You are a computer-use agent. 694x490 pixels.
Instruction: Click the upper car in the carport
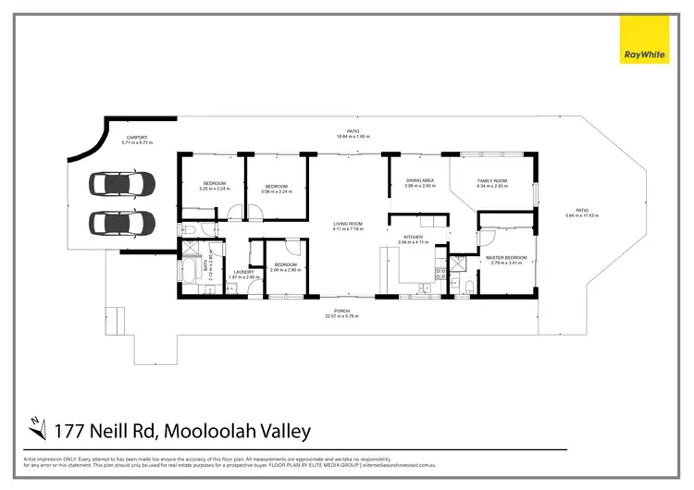click(122, 183)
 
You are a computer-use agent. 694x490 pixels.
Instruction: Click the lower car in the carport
click(122, 223)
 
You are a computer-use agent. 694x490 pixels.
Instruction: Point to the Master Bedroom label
click(506, 257)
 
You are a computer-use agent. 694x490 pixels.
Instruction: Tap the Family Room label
click(492, 181)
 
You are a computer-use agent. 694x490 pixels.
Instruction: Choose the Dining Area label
click(419, 180)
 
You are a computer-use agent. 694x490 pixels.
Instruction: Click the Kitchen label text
click(414, 237)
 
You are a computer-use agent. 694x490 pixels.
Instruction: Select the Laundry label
click(243, 271)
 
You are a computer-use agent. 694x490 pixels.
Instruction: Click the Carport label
click(137, 138)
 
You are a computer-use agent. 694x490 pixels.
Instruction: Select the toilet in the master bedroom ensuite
click(470, 284)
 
